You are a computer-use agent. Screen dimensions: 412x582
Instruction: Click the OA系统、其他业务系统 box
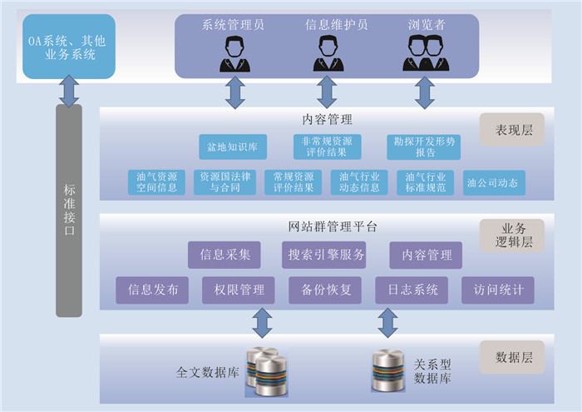tap(68, 47)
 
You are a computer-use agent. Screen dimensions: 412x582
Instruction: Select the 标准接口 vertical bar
tap(69, 210)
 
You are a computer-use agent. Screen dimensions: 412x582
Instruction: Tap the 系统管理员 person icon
tap(233, 55)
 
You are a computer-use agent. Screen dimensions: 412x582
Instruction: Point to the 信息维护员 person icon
tap(327, 55)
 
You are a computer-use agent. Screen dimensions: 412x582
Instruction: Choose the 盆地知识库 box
tap(233, 146)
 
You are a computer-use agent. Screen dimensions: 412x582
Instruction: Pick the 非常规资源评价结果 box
tap(327, 146)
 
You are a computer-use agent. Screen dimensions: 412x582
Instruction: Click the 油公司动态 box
tap(495, 182)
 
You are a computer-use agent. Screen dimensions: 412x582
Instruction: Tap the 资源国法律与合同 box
tap(225, 182)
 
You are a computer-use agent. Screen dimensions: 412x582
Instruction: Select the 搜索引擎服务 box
tap(323, 255)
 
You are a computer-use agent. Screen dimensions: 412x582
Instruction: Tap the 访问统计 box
tap(498, 290)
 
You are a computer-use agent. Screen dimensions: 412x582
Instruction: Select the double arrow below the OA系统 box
tap(69, 91)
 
